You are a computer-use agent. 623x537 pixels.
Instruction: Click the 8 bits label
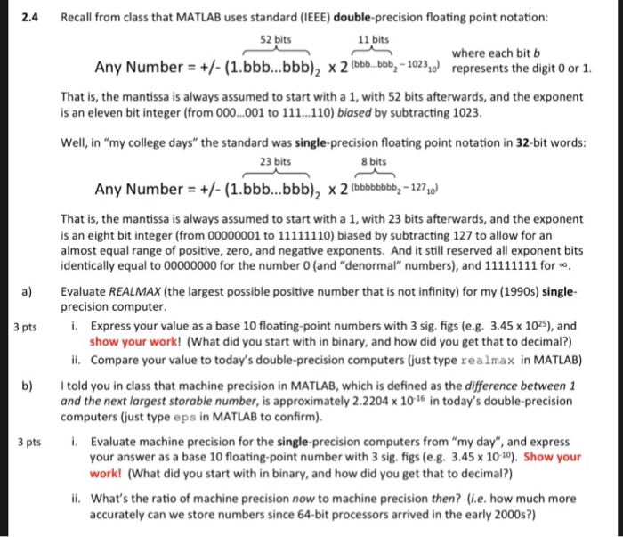377,161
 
